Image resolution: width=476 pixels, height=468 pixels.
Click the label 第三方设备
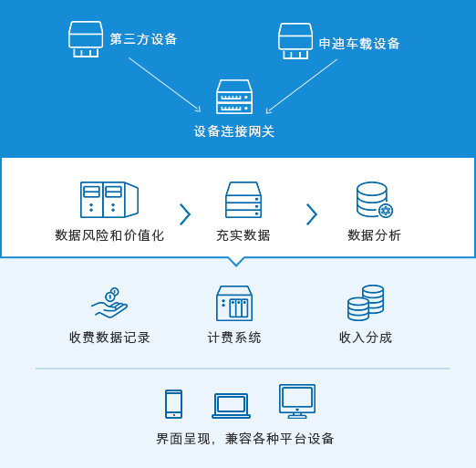pos(143,39)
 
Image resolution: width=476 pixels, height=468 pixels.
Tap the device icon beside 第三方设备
pos(86,39)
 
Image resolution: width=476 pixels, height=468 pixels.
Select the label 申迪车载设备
pos(359,44)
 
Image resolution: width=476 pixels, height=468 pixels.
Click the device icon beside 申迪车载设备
pos(295,41)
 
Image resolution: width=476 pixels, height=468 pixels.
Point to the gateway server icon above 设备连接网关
pos(234,97)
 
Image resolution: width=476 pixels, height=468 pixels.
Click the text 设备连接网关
pos(234,131)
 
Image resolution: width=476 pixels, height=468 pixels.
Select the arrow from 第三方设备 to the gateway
pos(165,85)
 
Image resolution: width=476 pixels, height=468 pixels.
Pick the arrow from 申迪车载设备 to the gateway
pos(302,87)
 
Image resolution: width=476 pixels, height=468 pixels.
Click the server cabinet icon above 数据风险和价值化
pos(109,200)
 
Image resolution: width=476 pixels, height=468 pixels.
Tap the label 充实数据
pos(243,235)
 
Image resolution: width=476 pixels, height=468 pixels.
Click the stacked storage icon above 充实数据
pos(243,200)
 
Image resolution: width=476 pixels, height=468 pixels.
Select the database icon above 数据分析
pos(375,200)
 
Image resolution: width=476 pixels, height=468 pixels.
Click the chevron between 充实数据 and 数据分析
pos(312,214)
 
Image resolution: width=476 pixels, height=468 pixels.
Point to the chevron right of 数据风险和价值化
pos(185,214)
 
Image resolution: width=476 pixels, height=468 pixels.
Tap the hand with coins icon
pos(109,303)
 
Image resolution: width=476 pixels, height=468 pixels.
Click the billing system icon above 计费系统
pos(234,303)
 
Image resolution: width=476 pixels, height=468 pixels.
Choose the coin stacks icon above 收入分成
pos(366,303)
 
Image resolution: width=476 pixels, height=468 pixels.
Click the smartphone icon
pos(173,404)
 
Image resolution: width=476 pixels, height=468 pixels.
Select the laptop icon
pos(231,406)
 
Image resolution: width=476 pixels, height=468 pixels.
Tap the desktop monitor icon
pos(297,401)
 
